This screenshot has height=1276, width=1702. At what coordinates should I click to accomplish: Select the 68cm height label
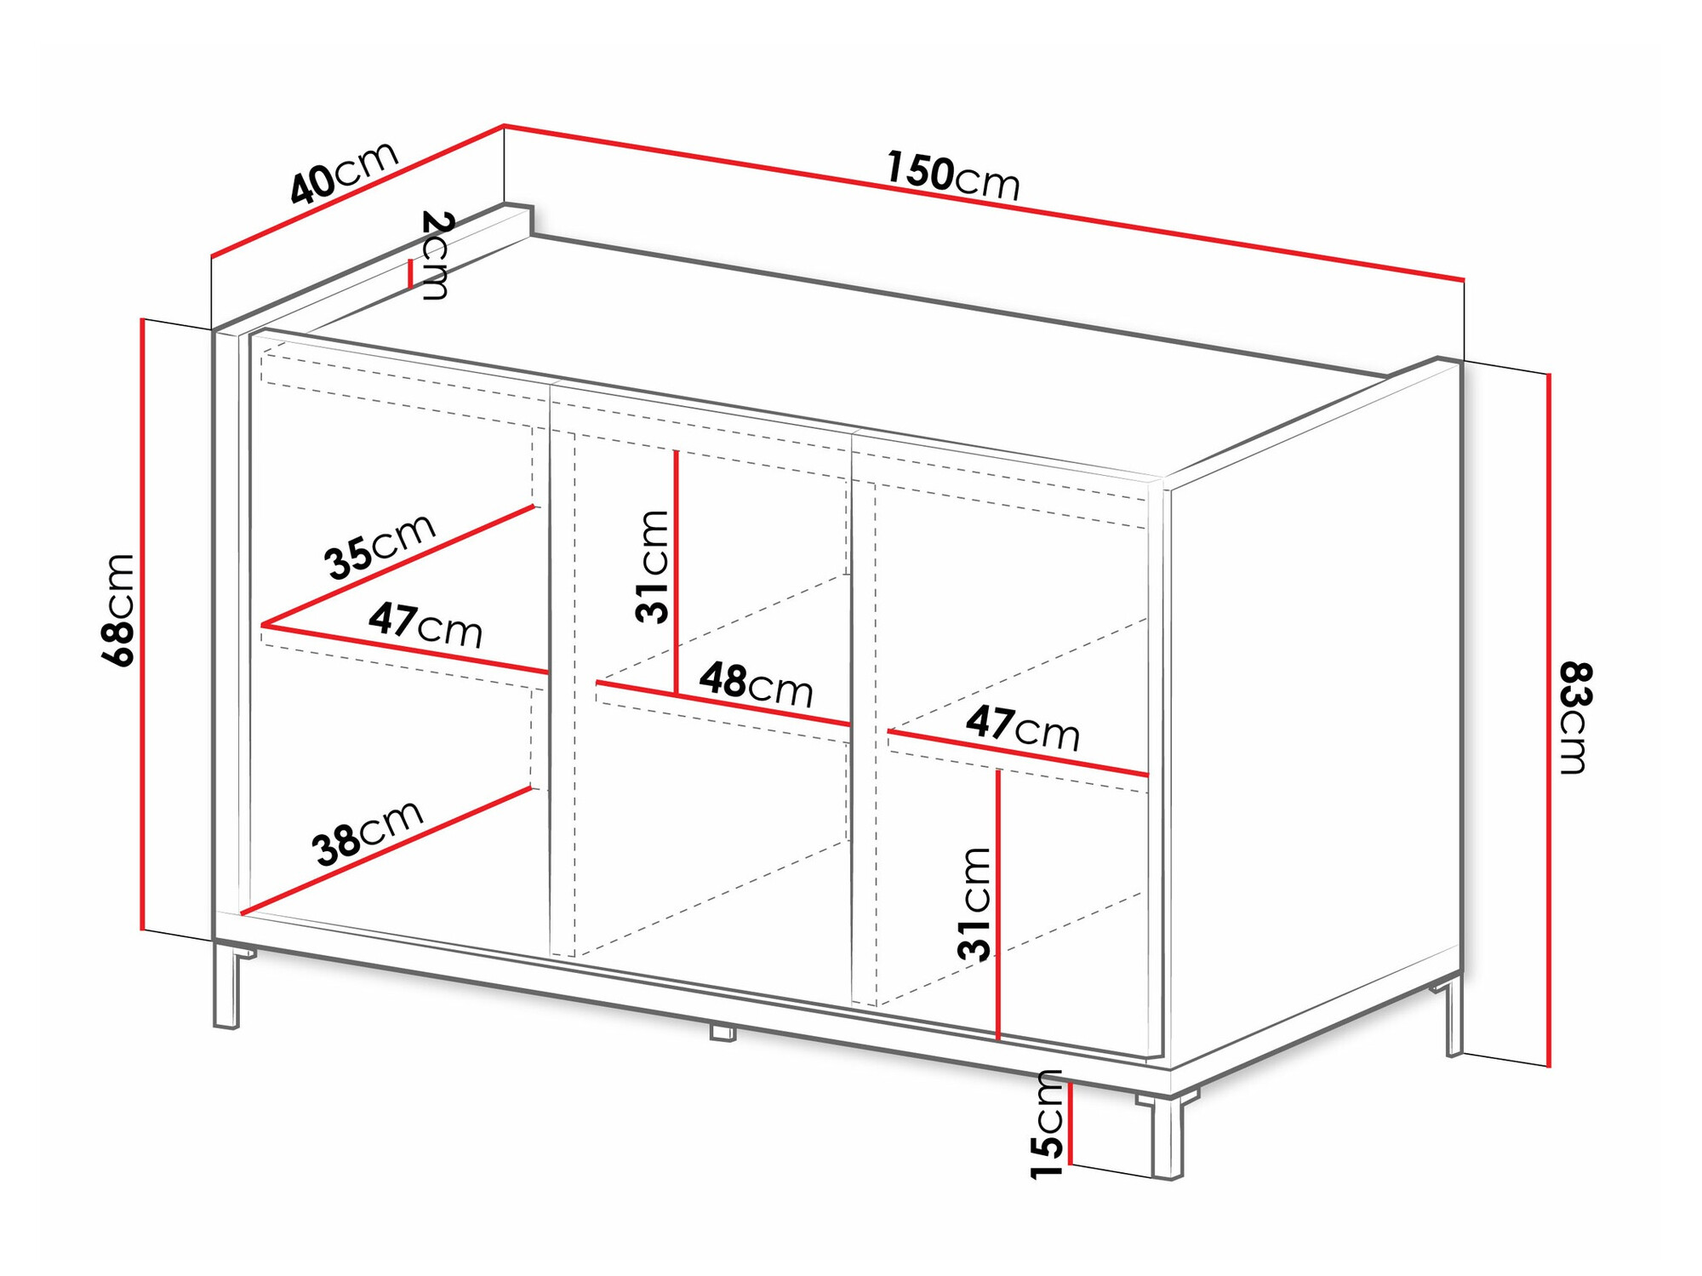[x=118, y=609]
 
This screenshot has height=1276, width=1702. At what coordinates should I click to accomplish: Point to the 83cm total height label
[x=1574, y=718]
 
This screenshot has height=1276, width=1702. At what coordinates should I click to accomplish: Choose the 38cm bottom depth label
[x=368, y=833]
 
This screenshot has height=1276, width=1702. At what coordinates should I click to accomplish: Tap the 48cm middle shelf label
[x=757, y=684]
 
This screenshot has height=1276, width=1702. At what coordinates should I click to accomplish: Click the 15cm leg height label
[x=1048, y=1124]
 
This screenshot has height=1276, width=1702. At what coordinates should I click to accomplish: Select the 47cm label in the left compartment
[x=425, y=624]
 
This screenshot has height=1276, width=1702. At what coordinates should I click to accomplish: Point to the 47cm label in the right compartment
[x=1023, y=728]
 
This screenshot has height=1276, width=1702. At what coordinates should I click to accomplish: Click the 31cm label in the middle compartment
[x=653, y=566]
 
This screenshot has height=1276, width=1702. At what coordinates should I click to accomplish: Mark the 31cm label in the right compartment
[x=974, y=904]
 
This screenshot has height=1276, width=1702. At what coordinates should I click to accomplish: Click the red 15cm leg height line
[x=1071, y=1123]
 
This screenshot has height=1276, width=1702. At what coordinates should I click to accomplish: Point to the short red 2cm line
[x=410, y=274]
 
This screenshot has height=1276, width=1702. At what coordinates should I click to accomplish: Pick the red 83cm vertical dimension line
[x=1549, y=720]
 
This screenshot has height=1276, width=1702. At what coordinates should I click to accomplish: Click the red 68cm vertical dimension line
[x=144, y=625]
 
